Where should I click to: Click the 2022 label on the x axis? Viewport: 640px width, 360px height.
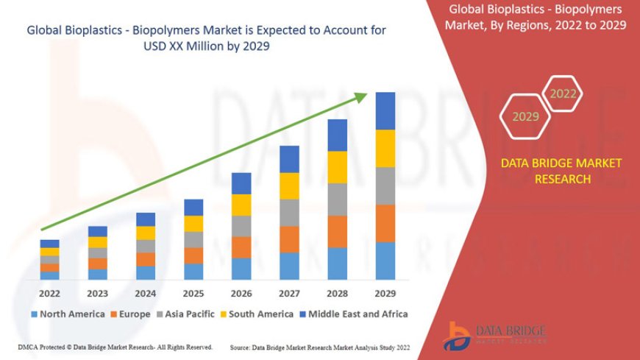(50, 293)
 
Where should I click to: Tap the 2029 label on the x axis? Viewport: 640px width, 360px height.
(385, 293)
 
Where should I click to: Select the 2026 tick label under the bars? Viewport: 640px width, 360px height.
(241, 293)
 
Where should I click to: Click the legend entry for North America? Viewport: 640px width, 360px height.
(68, 314)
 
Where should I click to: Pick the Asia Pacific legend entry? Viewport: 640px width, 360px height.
(190, 314)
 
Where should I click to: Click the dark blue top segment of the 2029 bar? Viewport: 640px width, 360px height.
(385, 110)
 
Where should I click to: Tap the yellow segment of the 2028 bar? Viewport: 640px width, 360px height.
(338, 167)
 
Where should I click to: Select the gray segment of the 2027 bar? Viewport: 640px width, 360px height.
(289, 213)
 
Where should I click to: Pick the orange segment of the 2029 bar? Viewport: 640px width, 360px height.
(385, 223)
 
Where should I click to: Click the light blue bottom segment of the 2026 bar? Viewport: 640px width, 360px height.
(241, 269)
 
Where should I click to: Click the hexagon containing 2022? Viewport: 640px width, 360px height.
(563, 94)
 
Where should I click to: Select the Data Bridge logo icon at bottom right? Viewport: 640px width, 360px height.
(459, 335)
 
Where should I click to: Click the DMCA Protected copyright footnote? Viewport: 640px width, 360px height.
(115, 347)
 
